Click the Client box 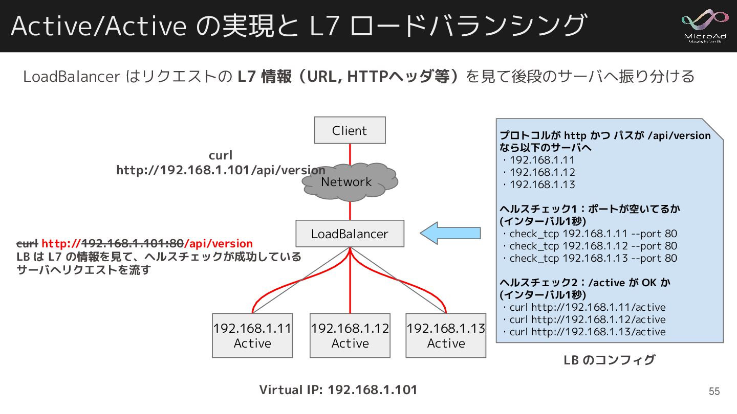tap(350, 130)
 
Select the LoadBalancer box tap(350, 234)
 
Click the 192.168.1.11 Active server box tap(252, 335)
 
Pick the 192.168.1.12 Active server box tap(350, 335)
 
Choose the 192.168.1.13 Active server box tap(446, 335)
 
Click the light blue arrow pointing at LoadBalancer tap(450, 233)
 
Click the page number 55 tap(714, 392)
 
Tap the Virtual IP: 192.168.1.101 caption tap(338, 390)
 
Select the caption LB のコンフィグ tap(609, 360)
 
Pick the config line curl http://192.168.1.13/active tap(587, 332)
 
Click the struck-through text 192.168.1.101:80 tap(133, 244)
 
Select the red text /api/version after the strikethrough tap(219, 244)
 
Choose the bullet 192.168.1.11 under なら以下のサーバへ tap(542, 160)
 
